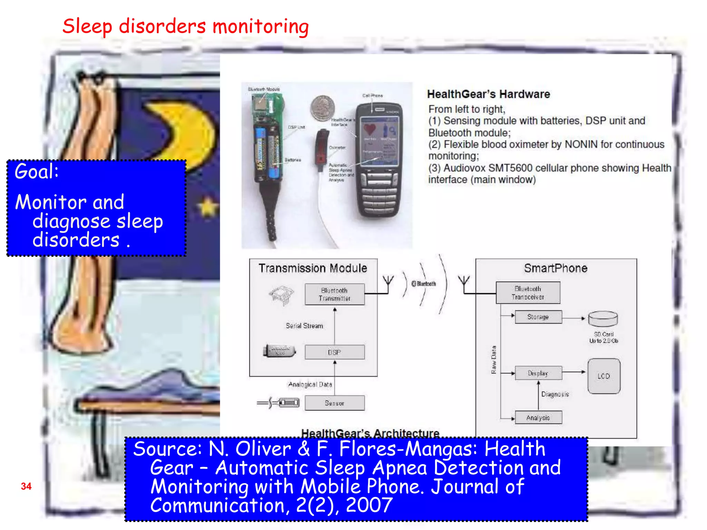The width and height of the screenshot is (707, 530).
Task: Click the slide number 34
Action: pos(26,486)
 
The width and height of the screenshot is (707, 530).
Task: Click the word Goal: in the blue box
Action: pos(37,171)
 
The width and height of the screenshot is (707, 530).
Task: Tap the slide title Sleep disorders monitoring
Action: pos(185,27)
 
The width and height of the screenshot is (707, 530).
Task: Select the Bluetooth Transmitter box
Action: pos(334,294)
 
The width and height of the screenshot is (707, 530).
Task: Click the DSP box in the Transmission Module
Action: pos(334,352)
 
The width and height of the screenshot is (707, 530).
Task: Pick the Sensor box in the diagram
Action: pos(334,403)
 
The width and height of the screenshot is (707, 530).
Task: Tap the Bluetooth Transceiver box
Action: pos(528,293)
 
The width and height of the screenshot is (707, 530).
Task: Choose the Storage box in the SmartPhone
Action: pos(538,317)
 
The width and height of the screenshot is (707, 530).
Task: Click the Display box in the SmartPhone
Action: pos(538,373)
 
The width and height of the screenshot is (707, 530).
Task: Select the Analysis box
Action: pos(538,418)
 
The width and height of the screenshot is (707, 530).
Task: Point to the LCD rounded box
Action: pos(604,376)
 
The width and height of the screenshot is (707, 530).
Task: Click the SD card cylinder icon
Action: pos(603,318)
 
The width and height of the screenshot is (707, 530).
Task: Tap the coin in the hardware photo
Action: pos(322,108)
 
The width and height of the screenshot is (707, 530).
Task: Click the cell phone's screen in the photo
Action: pos(379,140)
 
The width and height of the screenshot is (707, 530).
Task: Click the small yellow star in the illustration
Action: pos(207,207)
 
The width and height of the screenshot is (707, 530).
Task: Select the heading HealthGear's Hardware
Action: pos(488,94)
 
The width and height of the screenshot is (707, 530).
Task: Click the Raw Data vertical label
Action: pos(494,360)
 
